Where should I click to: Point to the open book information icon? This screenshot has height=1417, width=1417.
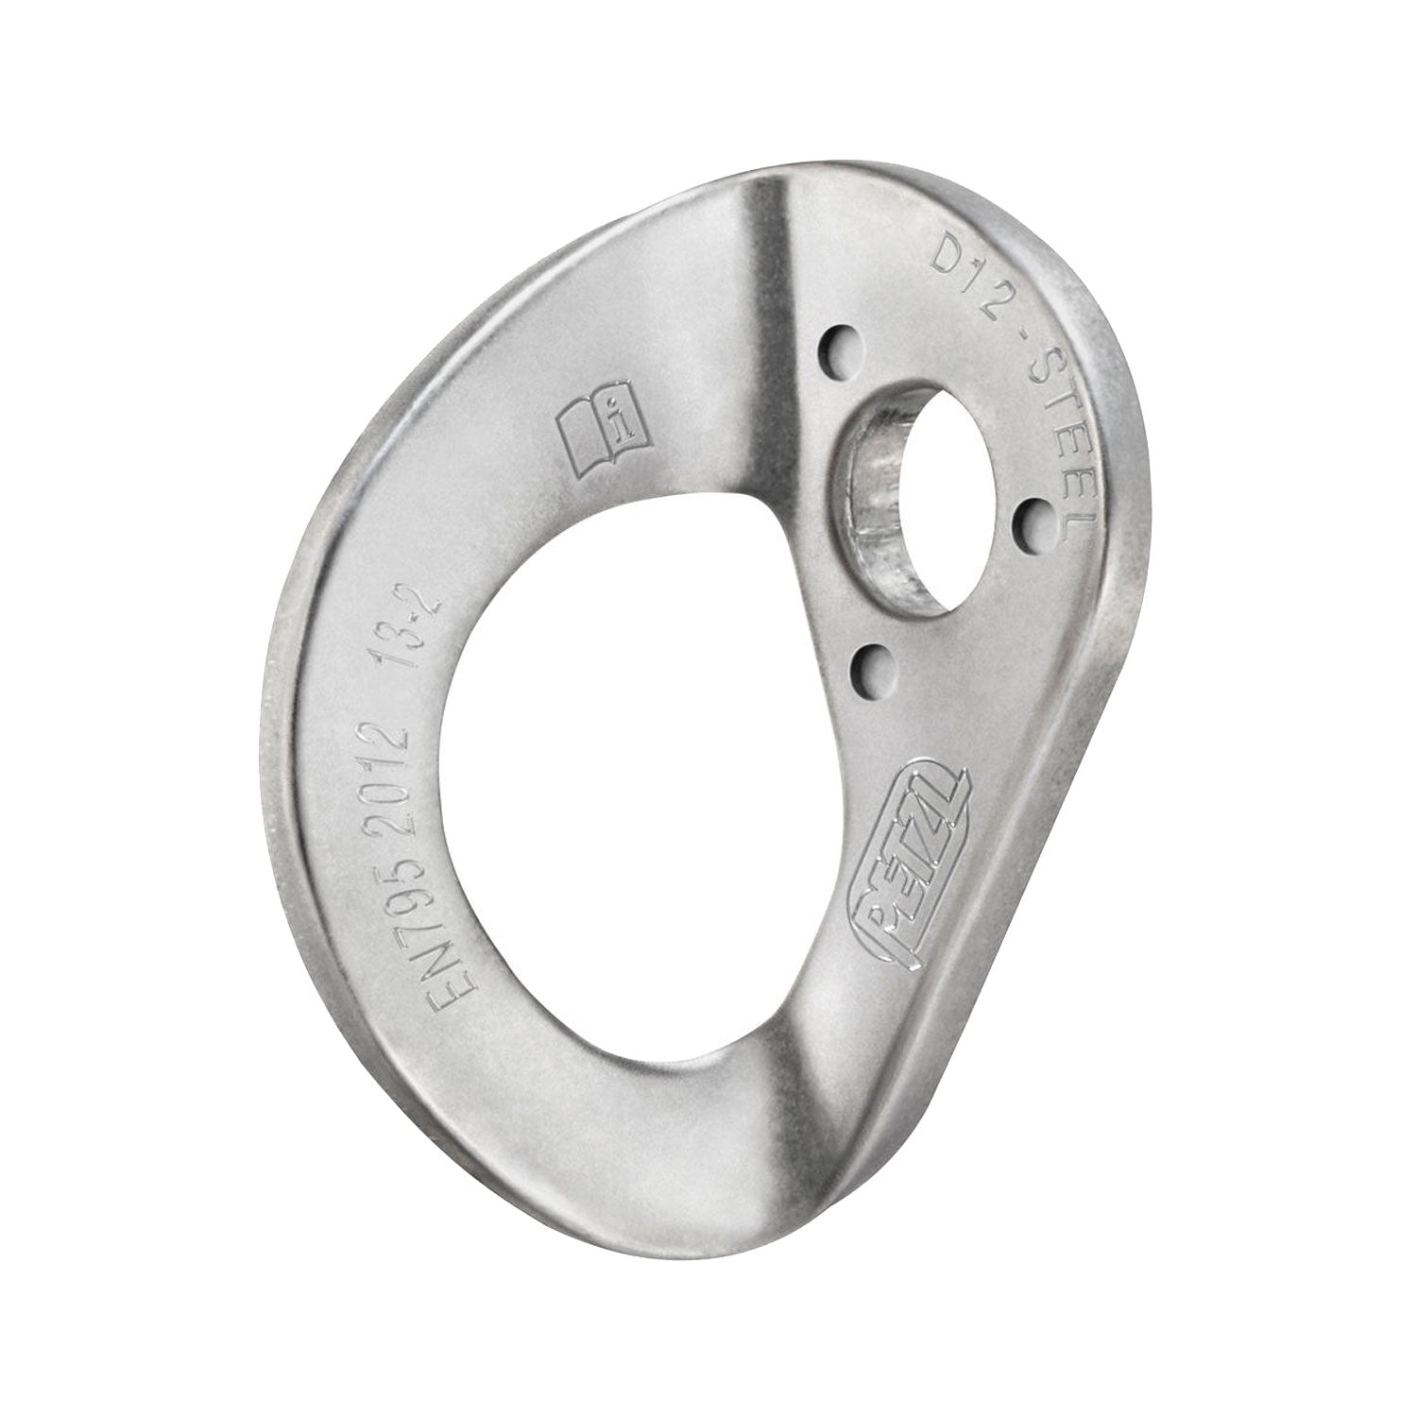click(601, 431)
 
